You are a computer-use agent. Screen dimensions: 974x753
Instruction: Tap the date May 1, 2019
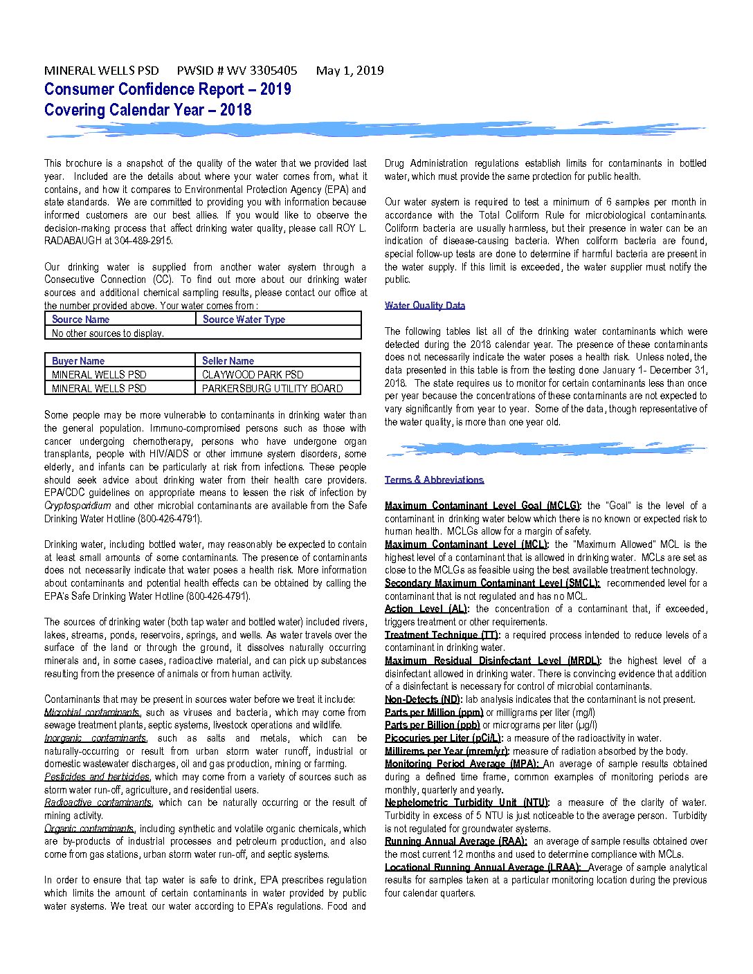350,71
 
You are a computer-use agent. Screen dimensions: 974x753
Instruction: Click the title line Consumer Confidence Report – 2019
167,89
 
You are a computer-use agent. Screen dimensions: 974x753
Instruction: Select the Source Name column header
80,320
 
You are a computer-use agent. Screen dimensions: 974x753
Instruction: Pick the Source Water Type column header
244,320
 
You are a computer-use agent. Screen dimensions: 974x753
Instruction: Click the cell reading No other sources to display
108,333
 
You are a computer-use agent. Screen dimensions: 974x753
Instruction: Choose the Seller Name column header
228,361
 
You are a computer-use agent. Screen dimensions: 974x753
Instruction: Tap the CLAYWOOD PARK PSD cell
253,375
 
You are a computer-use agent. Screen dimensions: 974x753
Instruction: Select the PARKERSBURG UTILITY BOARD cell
272,389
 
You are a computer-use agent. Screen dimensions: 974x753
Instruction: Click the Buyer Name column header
78,361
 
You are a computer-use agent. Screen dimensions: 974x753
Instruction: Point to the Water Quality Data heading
425,306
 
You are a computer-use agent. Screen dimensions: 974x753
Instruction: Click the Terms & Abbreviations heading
434,480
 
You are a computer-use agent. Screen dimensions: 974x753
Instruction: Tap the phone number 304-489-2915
143,241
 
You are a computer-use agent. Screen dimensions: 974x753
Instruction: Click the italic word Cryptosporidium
78,506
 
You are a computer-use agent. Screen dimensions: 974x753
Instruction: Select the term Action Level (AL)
426,609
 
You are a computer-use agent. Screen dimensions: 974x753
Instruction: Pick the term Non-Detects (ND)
424,699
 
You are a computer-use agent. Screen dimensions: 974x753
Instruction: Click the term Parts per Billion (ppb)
432,725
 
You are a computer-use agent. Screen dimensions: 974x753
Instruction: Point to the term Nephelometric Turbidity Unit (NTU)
466,802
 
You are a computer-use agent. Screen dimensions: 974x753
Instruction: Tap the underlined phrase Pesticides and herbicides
97,777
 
